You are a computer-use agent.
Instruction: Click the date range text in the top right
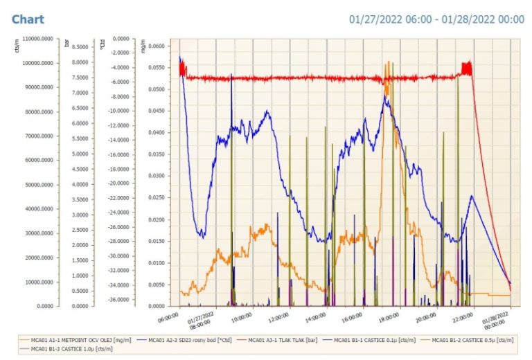pos(436,19)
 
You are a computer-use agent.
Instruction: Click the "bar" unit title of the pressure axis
pos(66,44)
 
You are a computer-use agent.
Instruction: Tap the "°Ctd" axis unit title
pos(102,44)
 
